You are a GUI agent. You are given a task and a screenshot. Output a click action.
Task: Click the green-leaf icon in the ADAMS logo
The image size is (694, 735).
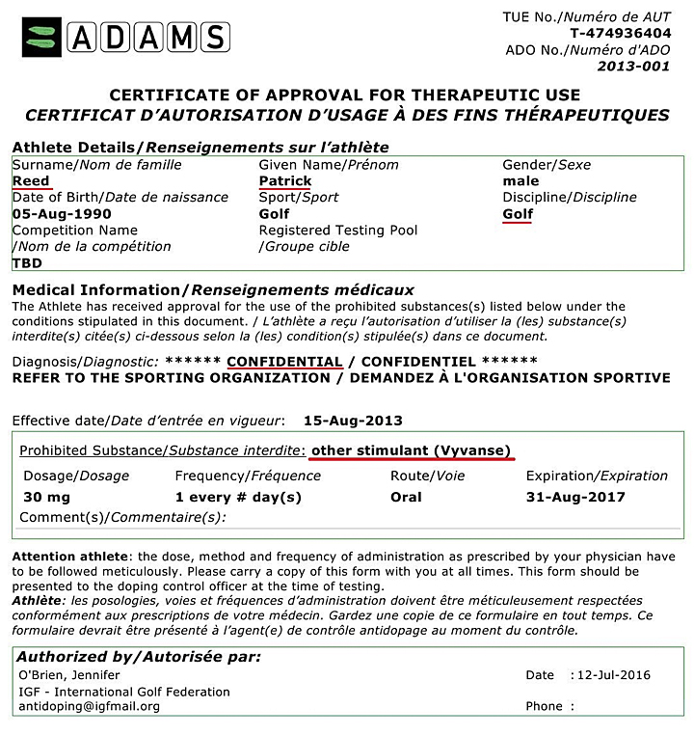click(x=42, y=38)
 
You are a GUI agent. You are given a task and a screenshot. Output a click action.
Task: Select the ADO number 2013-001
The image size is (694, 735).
click(x=633, y=67)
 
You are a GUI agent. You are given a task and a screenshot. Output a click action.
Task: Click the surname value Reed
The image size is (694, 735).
click(x=31, y=181)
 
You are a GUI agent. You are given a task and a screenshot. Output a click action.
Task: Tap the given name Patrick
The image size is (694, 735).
click(x=285, y=181)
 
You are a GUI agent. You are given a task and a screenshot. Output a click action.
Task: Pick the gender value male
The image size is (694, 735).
click(x=520, y=181)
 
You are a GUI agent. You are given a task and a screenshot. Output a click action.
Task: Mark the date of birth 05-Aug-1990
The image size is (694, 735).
click(x=62, y=214)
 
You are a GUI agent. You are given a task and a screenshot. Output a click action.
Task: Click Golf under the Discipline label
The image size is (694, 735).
click(x=519, y=214)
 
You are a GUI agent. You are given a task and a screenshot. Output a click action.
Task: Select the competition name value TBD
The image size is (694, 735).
click(x=27, y=262)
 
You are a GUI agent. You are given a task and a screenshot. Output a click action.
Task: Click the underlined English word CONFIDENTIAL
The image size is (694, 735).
click(x=285, y=361)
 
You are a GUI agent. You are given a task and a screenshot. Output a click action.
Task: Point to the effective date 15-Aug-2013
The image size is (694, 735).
click(x=353, y=421)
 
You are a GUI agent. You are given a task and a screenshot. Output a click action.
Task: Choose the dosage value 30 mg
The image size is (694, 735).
click(x=46, y=498)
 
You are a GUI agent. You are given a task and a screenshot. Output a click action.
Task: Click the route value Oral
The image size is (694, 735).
click(x=406, y=498)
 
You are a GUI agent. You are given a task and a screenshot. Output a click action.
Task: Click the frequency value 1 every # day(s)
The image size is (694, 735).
click(x=238, y=498)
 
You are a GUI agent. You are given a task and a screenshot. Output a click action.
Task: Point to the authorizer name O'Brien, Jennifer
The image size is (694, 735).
click(x=70, y=675)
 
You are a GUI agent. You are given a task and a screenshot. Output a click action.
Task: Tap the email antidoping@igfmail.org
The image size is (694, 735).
click(x=89, y=706)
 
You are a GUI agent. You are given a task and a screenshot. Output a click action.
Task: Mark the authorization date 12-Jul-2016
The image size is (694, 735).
click(x=615, y=675)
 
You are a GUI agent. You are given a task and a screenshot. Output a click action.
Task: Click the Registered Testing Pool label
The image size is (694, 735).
click(x=338, y=231)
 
